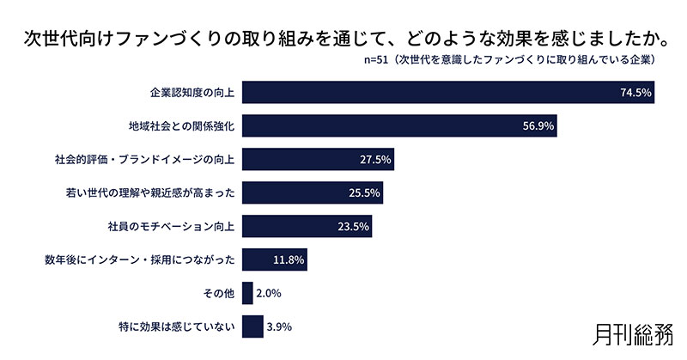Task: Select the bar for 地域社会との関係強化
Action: [400, 125]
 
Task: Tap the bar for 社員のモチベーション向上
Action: [307, 227]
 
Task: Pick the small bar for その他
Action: [247, 294]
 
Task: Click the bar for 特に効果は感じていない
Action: [252, 327]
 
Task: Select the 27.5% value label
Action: [376, 160]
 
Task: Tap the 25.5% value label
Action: [365, 193]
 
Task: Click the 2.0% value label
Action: [270, 294]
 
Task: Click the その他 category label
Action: [218, 294]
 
